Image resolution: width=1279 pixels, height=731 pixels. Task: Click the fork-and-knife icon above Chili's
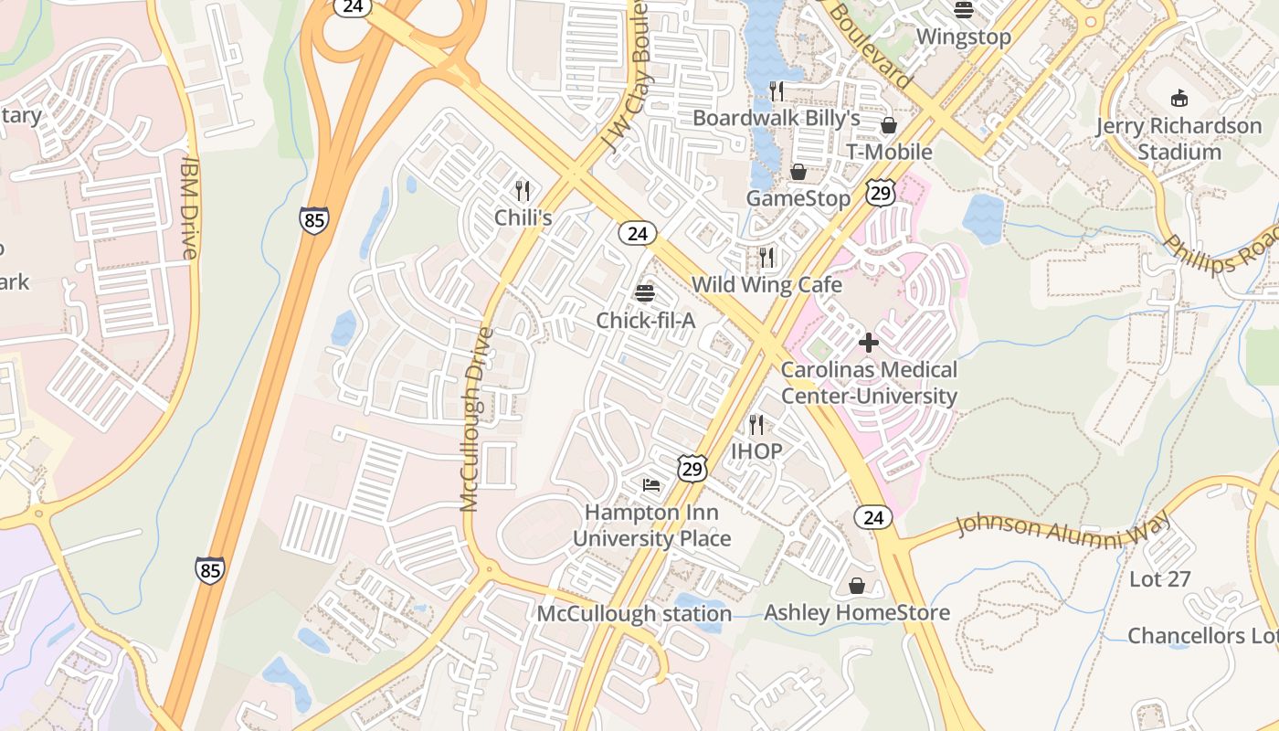click(523, 191)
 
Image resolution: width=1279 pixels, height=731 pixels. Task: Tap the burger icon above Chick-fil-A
click(645, 293)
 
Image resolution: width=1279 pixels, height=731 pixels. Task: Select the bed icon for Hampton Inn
click(650, 484)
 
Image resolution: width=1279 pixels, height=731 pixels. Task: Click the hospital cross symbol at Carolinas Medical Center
click(869, 343)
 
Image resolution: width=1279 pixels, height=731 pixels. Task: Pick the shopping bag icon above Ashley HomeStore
click(857, 585)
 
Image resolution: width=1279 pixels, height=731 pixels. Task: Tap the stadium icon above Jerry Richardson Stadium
click(1179, 98)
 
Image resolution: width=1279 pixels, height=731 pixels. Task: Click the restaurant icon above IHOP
click(756, 424)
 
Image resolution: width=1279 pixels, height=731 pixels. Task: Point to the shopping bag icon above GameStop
click(798, 172)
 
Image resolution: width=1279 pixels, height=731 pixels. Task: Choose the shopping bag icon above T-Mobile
click(888, 125)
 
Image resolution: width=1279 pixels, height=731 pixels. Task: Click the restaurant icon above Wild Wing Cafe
click(766, 258)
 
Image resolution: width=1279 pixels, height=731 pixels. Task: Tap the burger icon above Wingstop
click(964, 10)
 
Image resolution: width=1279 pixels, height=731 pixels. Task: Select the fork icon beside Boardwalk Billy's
click(777, 90)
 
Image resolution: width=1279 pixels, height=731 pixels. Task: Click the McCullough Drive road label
click(473, 419)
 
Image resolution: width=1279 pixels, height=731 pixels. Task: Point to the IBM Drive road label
click(190, 207)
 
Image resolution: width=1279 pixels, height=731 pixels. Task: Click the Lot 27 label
click(1160, 578)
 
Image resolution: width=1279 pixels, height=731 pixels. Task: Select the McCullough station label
click(633, 613)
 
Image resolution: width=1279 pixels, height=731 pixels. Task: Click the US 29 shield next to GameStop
click(881, 192)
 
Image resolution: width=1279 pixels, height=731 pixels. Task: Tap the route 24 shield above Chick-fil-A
click(637, 234)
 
